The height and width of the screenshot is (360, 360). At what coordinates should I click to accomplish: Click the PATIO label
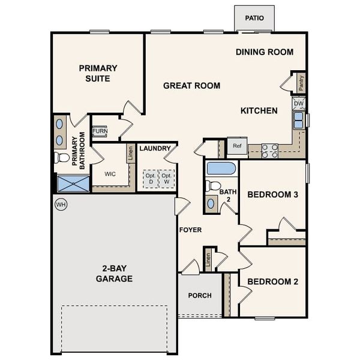pyautogui.click(x=254, y=18)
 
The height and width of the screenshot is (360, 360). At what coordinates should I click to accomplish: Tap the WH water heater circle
pyautogui.click(x=60, y=205)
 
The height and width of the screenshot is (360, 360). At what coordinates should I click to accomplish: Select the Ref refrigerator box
pyautogui.click(x=237, y=146)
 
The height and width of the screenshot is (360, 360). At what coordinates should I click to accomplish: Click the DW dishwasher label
pyautogui.click(x=299, y=103)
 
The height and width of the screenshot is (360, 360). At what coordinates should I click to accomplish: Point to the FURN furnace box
pyautogui.click(x=100, y=131)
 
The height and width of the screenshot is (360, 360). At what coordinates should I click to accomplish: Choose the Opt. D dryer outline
pyautogui.click(x=150, y=178)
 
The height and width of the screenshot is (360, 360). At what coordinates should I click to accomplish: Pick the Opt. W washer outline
pyautogui.click(x=167, y=178)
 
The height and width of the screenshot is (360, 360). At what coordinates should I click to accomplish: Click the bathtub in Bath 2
pyautogui.click(x=221, y=168)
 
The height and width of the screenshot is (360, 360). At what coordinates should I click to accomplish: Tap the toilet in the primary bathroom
pyautogui.click(x=62, y=157)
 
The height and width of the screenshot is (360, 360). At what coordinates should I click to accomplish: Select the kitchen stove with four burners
pyautogui.click(x=269, y=150)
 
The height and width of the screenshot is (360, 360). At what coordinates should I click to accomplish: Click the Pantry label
pyautogui.click(x=301, y=83)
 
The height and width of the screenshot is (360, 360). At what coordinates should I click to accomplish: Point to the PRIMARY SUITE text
pyautogui.click(x=98, y=73)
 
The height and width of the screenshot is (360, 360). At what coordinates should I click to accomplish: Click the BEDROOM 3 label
pyautogui.click(x=272, y=194)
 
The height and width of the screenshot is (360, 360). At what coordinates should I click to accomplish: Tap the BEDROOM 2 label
pyautogui.click(x=272, y=281)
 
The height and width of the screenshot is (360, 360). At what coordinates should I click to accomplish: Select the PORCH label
pyautogui.click(x=200, y=295)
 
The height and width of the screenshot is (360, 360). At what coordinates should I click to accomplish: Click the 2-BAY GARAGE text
pyautogui.click(x=114, y=274)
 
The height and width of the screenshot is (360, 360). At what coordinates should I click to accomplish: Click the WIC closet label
pyautogui.click(x=110, y=175)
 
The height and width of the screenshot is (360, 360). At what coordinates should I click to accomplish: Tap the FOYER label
pyautogui.click(x=190, y=230)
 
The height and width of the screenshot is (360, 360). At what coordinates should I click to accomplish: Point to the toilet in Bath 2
pyautogui.click(x=212, y=186)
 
